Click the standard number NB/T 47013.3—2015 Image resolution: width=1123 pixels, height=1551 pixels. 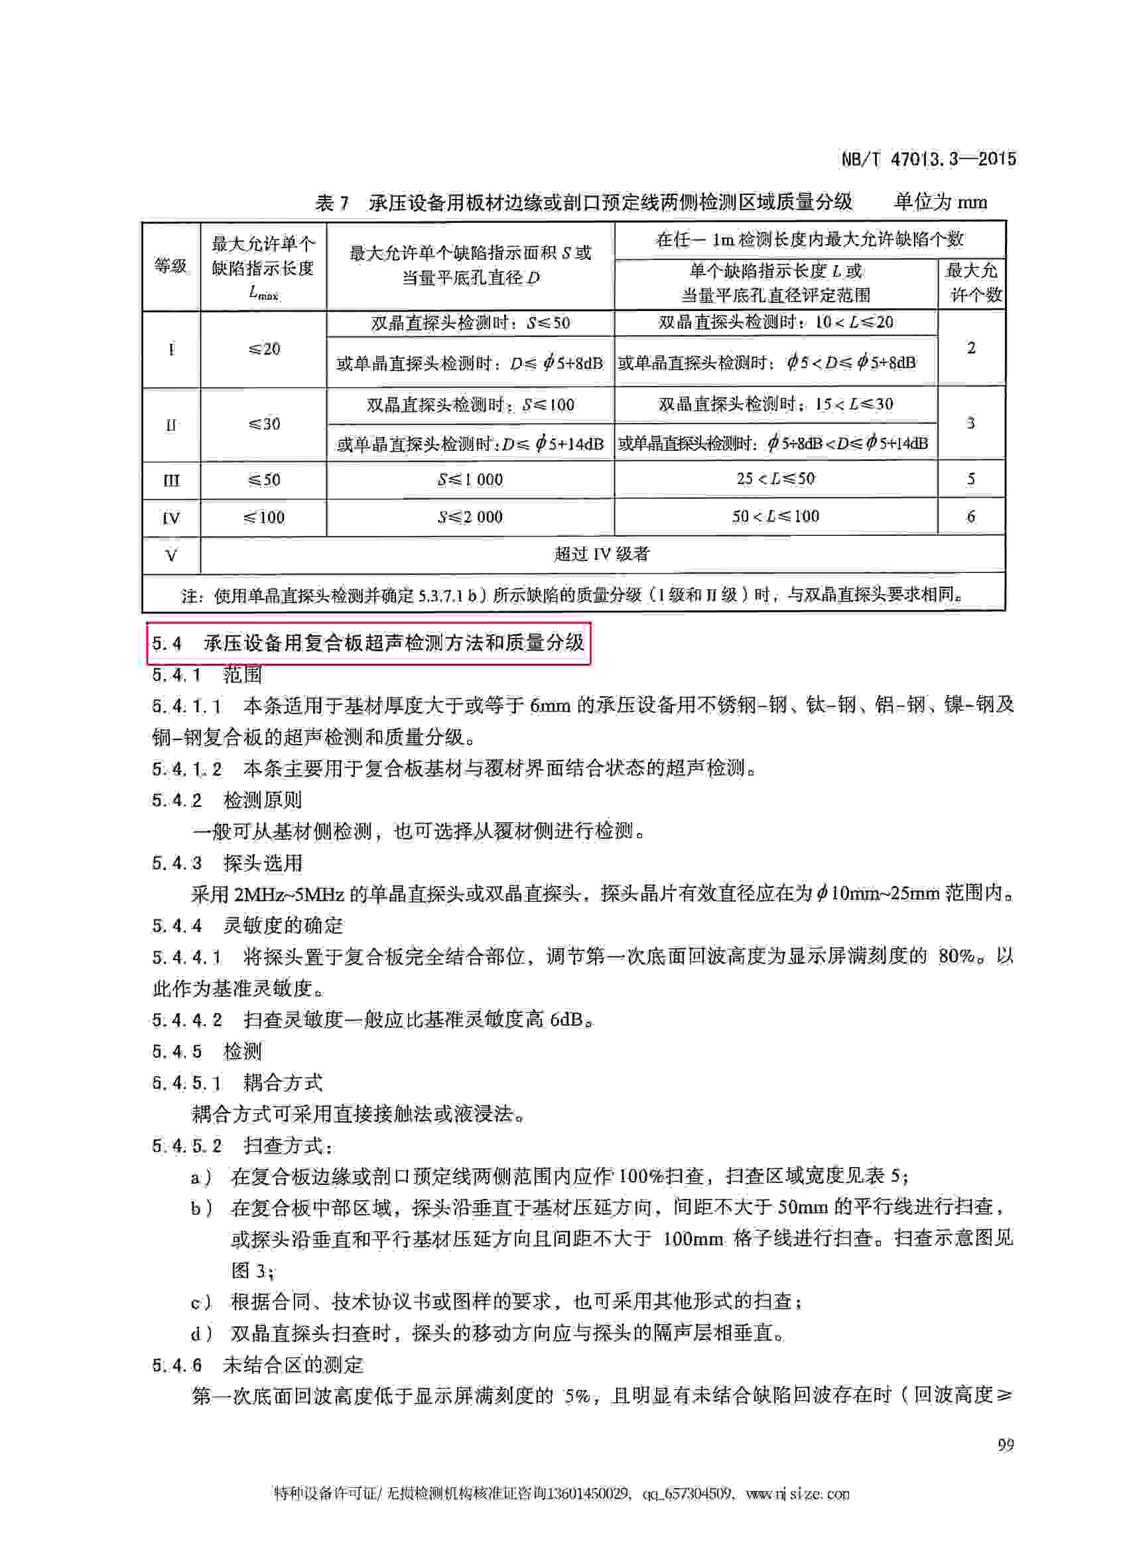click(x=927, y=159)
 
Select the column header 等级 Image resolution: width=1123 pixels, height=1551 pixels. click(x=170, y=266)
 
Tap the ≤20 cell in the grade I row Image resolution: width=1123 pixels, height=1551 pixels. click(x=263, y=349)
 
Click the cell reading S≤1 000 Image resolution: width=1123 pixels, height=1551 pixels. click(x=470, y=479)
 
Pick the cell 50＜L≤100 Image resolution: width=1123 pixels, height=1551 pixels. click(x=775, y=517)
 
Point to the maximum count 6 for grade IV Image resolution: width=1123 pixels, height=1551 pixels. click(x=970, y=517)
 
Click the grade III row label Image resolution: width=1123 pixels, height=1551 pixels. click(x=171, y=480)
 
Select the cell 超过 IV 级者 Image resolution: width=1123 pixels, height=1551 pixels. click(x=601, y=554)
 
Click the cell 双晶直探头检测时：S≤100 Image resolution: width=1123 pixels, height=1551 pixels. click(x=470, y=405)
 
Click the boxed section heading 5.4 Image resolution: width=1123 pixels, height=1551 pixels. click(x=368, y=643)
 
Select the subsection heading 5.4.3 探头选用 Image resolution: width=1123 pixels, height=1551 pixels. click(x=227, y=863)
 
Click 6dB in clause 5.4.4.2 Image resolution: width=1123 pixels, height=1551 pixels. click(x=567, y=1020)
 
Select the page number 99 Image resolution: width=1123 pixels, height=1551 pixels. click(x=1005, y=1445)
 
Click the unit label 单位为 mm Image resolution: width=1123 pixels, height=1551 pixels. click(x=941, y=202)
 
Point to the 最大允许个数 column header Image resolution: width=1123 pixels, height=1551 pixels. click(x=971, y=282)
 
